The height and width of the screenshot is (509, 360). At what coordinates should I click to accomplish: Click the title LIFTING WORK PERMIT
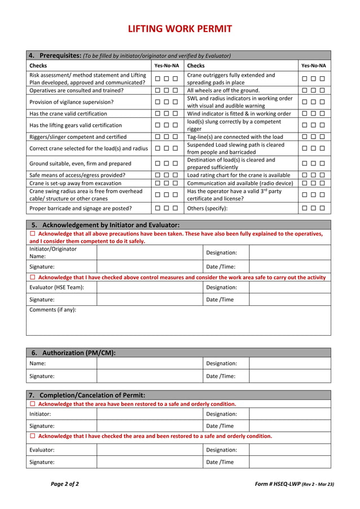(x=179, y=29)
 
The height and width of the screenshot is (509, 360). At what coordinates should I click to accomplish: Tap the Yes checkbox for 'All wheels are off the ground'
(x=305, y=90)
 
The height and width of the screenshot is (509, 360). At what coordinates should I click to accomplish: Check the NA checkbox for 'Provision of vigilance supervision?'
(x=175, y=102)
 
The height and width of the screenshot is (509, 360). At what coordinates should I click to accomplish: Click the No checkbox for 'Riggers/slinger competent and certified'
(x=166, y=137)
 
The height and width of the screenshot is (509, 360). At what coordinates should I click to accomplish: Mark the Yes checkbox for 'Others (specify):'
(x=305, y=208)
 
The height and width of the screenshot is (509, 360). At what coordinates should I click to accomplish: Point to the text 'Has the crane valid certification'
(x=68, y=113)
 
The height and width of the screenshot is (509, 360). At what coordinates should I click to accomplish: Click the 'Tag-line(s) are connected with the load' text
(x=235, y=137)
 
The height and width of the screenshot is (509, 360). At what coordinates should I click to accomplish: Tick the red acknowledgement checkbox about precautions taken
(x=32, y=234)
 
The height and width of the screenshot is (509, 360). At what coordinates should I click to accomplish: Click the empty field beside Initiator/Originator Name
(x=150, y=252)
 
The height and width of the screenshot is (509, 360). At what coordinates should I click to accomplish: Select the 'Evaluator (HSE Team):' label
(x=57, y=287)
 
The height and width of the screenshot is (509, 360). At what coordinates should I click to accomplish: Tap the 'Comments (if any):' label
(x=52, y=310)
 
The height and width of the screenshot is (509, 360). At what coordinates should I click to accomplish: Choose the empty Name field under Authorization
(x=150, y=364)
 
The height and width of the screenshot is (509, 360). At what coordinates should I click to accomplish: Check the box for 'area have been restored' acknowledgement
(x=32, y=404)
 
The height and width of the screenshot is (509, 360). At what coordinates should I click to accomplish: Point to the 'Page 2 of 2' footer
(x=65, y=484)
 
